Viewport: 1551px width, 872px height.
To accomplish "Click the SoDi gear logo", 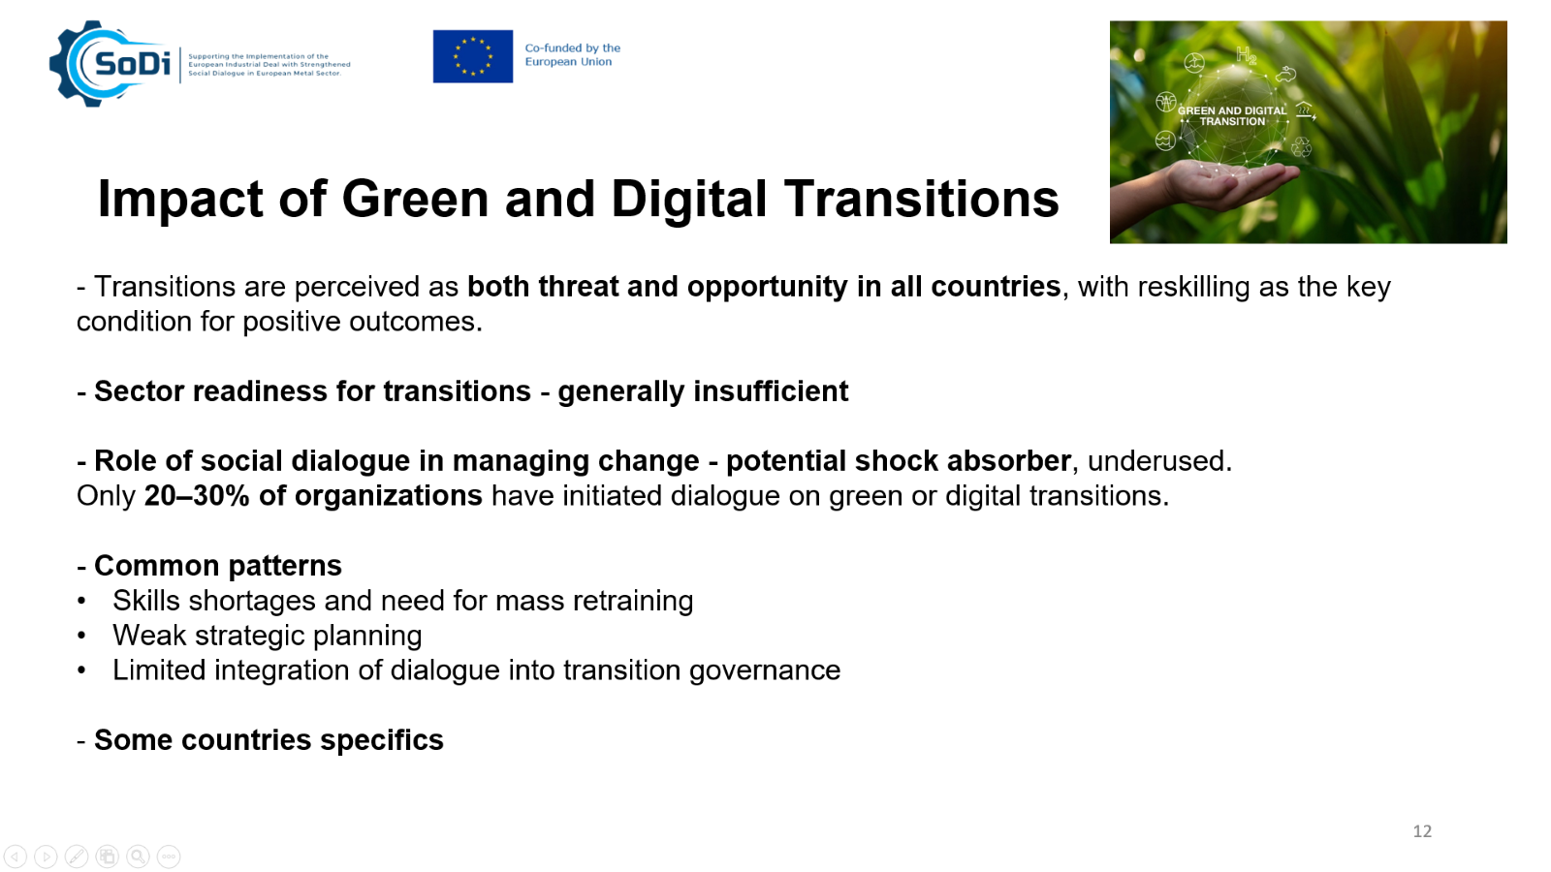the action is click(x=110, y=64).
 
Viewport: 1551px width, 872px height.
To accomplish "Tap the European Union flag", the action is click(x=473, y=56).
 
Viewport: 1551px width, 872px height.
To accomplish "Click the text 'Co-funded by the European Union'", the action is click(x=572, y=54).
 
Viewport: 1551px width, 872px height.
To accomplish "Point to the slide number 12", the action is click(x=1421, y=831).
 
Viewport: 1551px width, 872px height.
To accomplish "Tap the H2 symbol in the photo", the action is click(x=1246, y=55).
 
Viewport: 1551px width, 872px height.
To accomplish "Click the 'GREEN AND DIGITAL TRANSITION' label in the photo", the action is click(x=1232, y=115).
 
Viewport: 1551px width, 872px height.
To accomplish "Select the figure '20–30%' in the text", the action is click(x=197, y=495).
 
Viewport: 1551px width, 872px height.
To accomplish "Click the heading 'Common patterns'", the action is click(x=217, y=566).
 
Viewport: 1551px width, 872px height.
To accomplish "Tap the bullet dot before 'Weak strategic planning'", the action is click(x=81, y=636).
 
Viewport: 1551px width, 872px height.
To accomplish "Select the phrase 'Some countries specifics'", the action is click(x=269, y=740).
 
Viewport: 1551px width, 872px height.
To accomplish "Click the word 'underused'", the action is click(x=1156, y=461).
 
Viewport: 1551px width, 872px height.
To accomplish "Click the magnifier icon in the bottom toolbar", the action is click(x=138, y=856).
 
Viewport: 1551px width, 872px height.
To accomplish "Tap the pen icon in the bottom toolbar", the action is click(x=77, y=856).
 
